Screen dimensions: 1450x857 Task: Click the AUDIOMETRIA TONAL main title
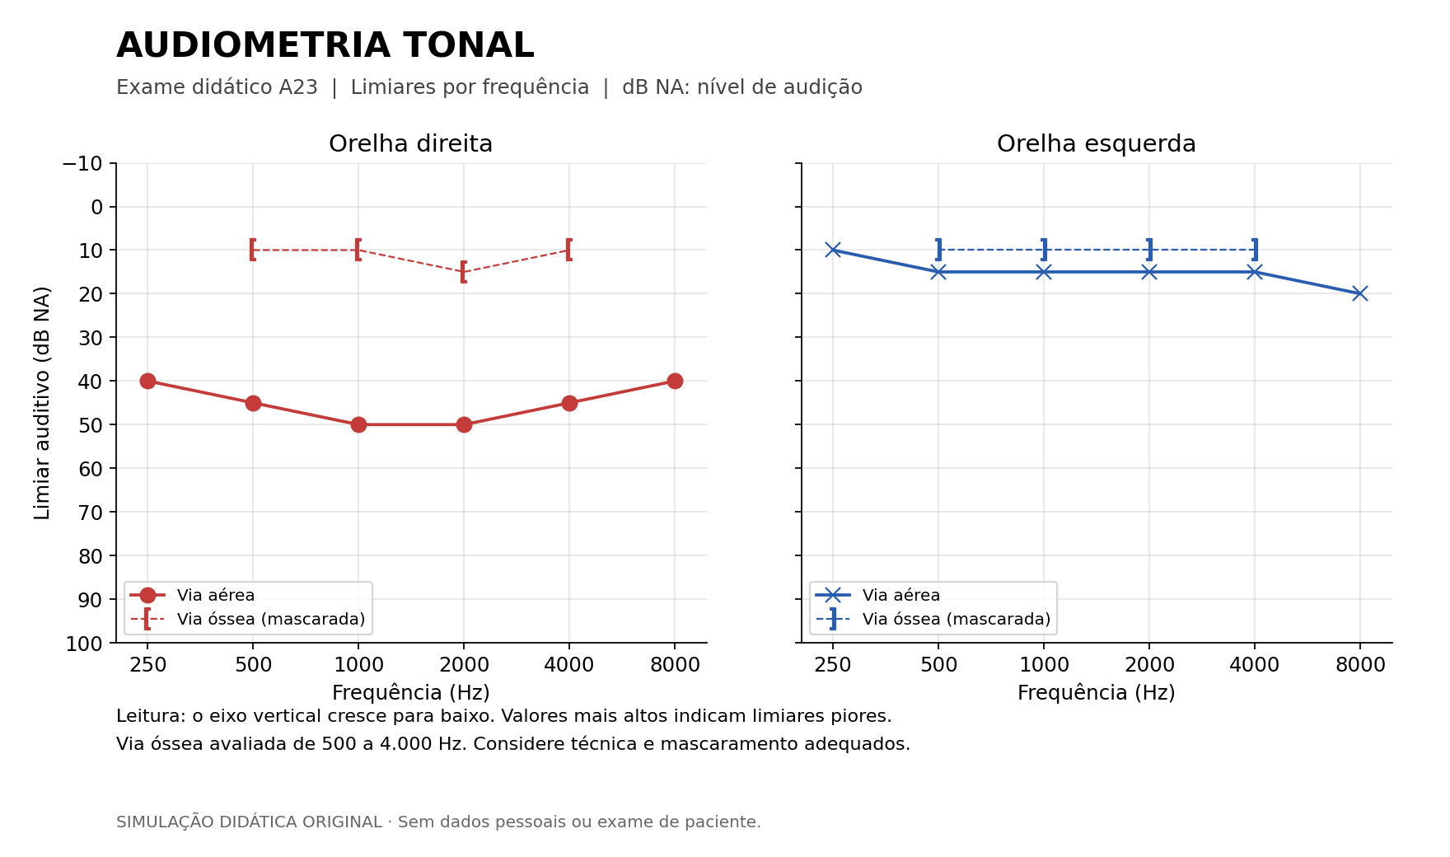click(325, 45)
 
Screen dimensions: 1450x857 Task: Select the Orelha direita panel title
click(410, 144)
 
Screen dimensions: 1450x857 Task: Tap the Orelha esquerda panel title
click(1096, 144)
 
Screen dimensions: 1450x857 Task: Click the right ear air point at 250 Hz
click(147, 381)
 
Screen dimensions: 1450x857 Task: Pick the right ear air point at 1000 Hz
click(358, 424)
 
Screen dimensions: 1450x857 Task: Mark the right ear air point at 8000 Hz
click(675, 381)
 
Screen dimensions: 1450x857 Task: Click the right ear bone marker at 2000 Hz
click(464, 271)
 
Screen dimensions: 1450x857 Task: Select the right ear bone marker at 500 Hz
click(253, 250)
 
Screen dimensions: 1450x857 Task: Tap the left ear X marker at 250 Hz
click(833, 250)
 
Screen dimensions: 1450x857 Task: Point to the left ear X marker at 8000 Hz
click(1360, 293)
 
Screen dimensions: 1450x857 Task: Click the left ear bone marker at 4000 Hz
click(1255, 250)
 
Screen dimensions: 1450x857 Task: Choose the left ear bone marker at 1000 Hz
click(1044, 250)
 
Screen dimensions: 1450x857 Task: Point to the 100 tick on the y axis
click(84, 644)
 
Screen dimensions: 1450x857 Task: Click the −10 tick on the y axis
click(82, 163)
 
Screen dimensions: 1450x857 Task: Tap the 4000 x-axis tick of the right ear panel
click(569, 665)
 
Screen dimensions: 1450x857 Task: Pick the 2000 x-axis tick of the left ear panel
click(1149, 665)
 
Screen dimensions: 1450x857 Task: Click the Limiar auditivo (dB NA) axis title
click(43, 403)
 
